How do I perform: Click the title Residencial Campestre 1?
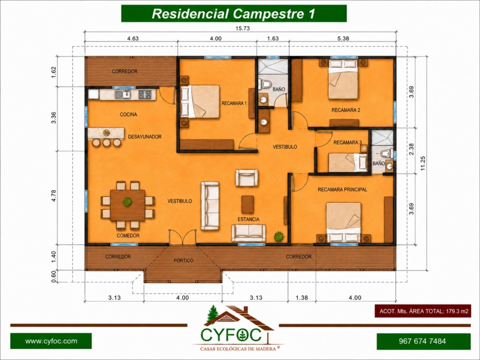click(x=233, y=14)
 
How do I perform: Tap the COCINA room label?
click(x=128, y=114)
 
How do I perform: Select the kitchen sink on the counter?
click(x=123, y=94)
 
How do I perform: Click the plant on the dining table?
click(x=127, y=202)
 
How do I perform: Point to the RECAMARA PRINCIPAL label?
click(x=342, y=189)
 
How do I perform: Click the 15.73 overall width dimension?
click(x=242, y=29)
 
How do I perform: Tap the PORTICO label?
click(x=183, y=261)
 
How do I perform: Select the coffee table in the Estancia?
click(x=247, y=204)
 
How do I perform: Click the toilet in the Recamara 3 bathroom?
click(x=387, y=152)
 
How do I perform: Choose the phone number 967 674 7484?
click(x=422, y=341)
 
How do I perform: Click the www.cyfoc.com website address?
click(x=51, y=341)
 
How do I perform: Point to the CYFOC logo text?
click(x=231, y=335)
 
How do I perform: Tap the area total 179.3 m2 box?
click(x=423, y=311)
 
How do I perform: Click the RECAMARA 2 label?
click(x=345, y=110)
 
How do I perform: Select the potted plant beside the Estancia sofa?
click(x=278, y=237)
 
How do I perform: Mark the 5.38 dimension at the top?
click(x=343, y=38)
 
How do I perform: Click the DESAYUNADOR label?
click(x=144, y=137)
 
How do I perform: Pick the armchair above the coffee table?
click(x=247, y=178)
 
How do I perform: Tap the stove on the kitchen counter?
click(x=145, y=94)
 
